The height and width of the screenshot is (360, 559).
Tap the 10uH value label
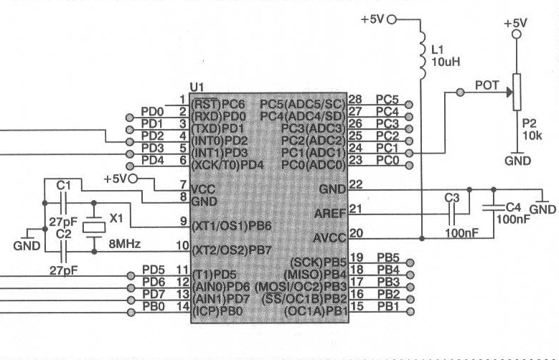point(446,62)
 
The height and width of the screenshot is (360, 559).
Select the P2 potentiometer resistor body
point(517,92)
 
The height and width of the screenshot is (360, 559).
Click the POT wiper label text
point(487,85)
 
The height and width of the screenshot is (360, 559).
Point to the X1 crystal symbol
point(94,227)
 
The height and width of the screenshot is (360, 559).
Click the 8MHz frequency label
point(124,244)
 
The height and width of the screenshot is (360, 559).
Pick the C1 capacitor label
point(63,185)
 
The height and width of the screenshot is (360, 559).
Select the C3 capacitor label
point(451,198)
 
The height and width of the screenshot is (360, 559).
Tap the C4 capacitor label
point(513,207)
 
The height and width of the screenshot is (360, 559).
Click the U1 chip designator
point(197,87)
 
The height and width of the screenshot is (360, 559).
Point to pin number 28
point(355,100)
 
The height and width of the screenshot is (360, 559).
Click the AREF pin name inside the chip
point(330,214)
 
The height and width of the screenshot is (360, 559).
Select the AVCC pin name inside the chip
point(330,238)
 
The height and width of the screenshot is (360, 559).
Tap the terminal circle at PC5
point(409,105)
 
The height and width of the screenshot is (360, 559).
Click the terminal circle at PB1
point(410,311)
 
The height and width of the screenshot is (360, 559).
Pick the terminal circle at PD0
point(130,118)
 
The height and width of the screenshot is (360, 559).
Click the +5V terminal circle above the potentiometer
point(517,34)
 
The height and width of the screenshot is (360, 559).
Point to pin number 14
point(183,306)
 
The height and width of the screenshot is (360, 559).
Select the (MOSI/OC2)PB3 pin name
point(301,287)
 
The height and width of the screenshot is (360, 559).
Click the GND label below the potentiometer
point(517,161)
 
